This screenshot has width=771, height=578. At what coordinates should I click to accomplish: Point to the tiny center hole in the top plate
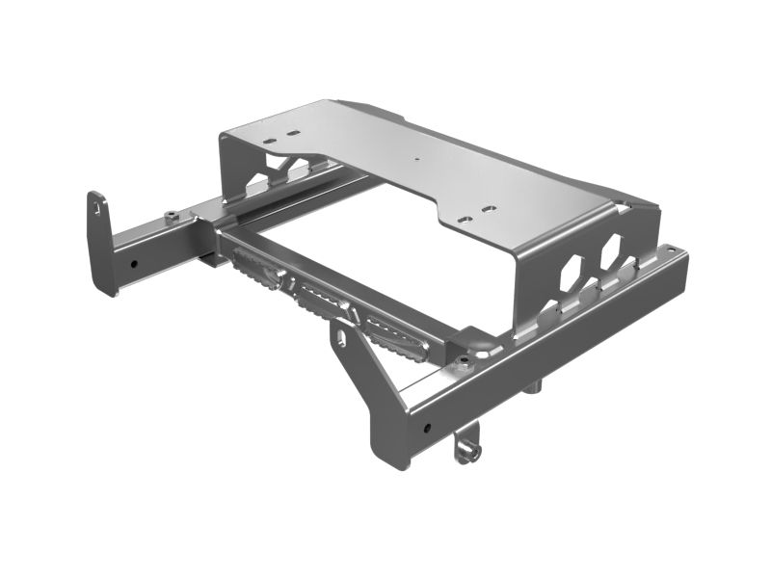tap(416, 159)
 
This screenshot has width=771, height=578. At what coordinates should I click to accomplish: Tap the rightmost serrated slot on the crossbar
tap(393, 334)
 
